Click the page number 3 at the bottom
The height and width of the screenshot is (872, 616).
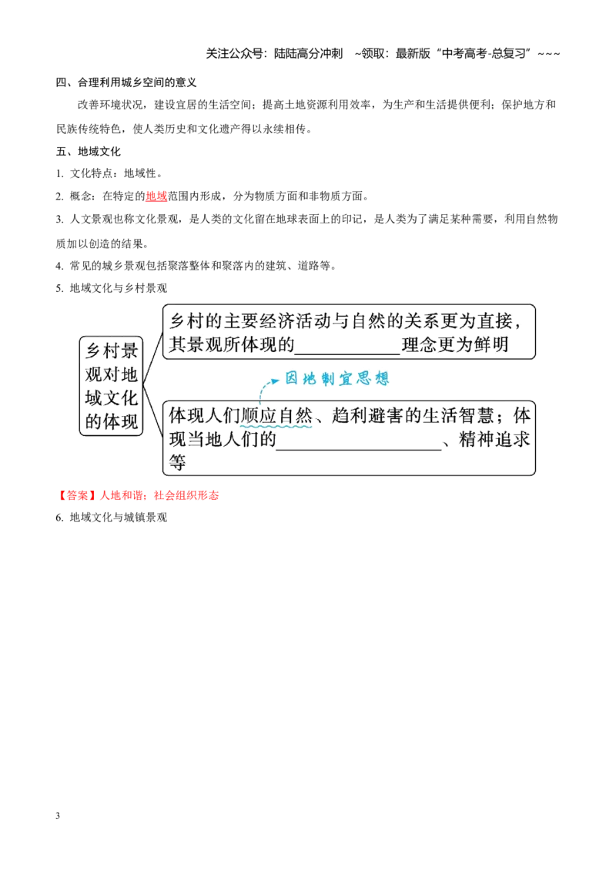58,815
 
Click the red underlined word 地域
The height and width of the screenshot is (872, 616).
156,196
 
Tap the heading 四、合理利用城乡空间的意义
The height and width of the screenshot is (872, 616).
126,82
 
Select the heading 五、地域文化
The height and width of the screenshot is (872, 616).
89,151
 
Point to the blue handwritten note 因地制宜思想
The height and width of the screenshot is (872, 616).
337,379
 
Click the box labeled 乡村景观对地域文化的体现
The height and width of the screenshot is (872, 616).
111,385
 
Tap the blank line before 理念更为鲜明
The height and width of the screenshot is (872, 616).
347,354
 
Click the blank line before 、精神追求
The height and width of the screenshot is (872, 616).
359,448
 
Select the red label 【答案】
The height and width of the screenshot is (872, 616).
77,495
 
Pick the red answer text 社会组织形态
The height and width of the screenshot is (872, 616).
186,495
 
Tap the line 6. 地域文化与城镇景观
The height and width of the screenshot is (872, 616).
111,517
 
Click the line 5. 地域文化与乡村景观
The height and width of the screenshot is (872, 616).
111,288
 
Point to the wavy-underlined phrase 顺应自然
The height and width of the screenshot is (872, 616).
277,416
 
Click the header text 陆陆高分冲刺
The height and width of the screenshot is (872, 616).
309,54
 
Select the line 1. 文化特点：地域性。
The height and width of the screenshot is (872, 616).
109,173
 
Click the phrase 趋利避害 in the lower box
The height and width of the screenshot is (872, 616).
368,416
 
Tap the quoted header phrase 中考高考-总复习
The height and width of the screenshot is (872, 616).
483,54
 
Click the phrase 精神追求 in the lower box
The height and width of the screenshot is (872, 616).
494,439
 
